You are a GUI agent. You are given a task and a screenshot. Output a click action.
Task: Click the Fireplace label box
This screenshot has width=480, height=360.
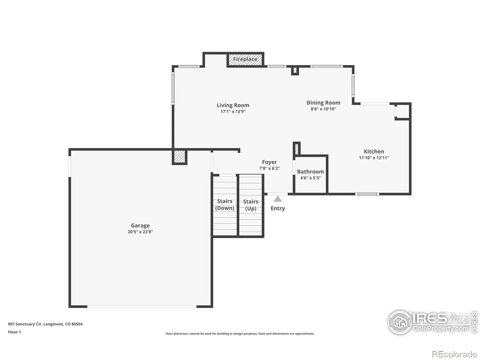(x=245, y=59)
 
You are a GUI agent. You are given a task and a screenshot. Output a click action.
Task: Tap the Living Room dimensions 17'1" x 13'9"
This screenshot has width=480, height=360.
(x=233, y=112)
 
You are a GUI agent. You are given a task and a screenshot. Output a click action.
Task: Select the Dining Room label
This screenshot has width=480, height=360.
(x=323, y=103)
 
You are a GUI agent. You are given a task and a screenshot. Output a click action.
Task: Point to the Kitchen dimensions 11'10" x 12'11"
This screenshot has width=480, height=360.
(x=374, y=157)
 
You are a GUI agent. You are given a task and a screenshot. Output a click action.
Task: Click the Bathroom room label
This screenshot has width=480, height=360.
(x=310, y=172)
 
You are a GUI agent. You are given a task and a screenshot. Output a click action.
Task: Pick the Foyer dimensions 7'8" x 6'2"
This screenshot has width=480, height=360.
(x=269, y=168)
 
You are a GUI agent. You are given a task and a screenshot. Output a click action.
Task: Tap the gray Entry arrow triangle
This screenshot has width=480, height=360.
(x=277, y=199)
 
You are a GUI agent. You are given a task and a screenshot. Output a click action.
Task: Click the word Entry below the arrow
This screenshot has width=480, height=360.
(x=278, y=208)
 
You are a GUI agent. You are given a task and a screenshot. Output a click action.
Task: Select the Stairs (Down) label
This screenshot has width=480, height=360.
(x=225, y=205)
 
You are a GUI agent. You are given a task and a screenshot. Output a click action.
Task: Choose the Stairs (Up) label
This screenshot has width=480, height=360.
(x=250, y=205)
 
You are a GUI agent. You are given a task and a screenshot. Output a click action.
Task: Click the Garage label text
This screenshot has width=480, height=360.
(x=140, y=225)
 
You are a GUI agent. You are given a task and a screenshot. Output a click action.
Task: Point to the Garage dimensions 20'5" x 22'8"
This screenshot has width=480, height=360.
(x=140, y=232)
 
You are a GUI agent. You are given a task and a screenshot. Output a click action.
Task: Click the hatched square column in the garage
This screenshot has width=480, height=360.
(x=179, y=157)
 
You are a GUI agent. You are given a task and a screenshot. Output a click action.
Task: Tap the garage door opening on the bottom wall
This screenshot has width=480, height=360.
(x=142, y=307)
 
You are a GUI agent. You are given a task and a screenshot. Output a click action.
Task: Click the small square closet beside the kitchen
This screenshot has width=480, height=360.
(x=403, y=111)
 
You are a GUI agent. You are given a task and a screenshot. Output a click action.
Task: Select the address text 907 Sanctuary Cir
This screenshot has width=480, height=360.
(x=25, y=324)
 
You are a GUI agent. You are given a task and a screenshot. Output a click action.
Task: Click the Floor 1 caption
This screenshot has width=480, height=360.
(x=14, y=332)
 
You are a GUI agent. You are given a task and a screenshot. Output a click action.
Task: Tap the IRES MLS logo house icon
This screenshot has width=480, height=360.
(x=400, y=322)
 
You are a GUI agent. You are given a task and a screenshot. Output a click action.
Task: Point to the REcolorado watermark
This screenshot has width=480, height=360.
(x=454, y=354)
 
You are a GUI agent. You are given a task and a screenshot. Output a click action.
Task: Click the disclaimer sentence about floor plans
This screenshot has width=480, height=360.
(x=240, y=334)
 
